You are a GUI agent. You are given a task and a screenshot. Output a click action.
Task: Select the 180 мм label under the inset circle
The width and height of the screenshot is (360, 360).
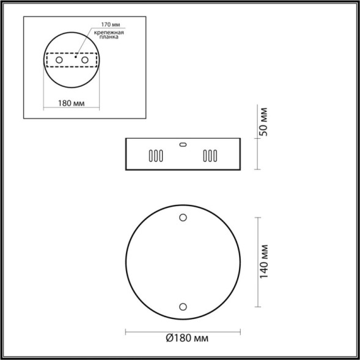[x=72, y=103]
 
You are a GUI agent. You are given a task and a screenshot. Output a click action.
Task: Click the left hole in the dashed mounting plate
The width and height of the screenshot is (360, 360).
[x=59, y=61]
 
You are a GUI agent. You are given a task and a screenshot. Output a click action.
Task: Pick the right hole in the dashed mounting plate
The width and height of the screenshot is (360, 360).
[x=85, y=61]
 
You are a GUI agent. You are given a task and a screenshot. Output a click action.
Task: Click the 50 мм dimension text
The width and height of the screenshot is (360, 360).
[x=263, y=122]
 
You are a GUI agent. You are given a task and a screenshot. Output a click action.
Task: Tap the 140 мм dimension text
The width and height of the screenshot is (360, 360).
[x=263, y=260]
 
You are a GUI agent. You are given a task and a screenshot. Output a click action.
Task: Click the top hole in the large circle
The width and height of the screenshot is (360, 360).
[x=183, y=217]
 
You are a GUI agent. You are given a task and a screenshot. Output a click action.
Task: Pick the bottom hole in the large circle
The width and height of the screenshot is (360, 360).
[x=183, y=306]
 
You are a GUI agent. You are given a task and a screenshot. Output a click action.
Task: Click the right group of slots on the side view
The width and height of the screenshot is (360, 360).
[x=210, y=156]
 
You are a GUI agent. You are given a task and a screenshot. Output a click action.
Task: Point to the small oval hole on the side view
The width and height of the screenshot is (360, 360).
[x=182, y=145]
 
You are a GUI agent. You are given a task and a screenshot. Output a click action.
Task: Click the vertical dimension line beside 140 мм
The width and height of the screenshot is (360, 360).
[x=257, y=262]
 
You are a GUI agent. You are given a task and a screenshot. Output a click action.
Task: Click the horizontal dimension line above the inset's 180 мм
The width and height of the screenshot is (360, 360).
[x=72, y=97]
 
